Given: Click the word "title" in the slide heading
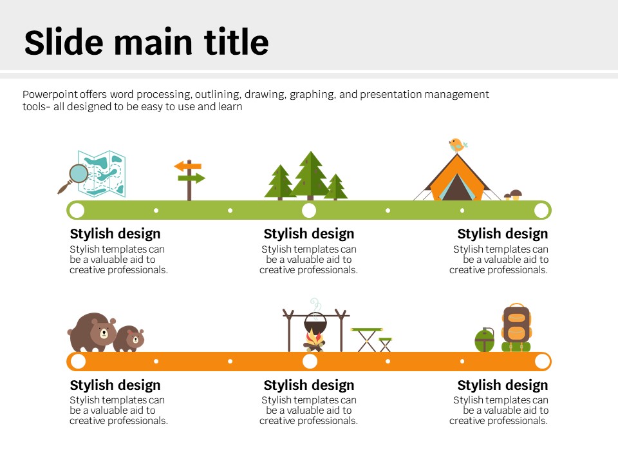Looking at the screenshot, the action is click(x=236, y=41).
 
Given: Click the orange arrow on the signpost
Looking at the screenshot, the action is click(x=188, y=166).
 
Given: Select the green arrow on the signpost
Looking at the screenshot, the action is click(x=192, y=178).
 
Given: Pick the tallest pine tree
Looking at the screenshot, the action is click(x=310, y=175).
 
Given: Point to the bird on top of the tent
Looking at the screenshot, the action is click(x=458, y=145).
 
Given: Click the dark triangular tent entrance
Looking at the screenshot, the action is click(x=457, y=188).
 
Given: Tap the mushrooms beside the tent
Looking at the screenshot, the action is click(x=513, y=195).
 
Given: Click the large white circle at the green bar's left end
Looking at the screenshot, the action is click(x=77, y=210).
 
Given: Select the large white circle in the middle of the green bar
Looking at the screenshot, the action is click(x=309, y=210).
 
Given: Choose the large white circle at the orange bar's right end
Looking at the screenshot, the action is click(x=542, y=361).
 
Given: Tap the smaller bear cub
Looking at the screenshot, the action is click(x=129, y=338).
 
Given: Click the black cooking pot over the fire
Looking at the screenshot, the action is click(x=315, y=325).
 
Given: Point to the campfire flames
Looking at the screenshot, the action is click(x=314, y=339).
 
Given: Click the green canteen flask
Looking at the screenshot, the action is click(x=484, y=340).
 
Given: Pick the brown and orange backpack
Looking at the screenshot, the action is click(x=516, y=327).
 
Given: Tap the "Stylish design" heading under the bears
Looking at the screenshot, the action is click(x=115, y=385).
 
